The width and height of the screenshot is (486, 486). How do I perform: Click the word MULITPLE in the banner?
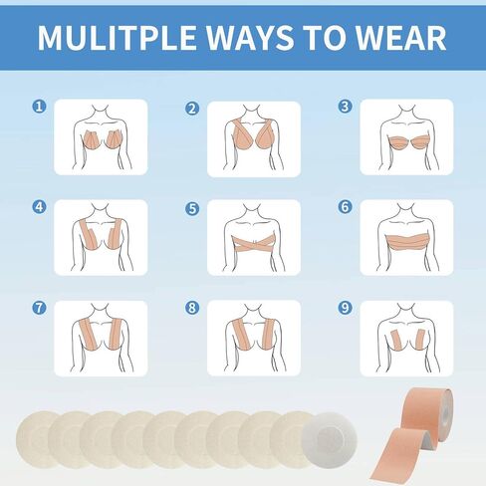pyautogui.click(x=117, y=37)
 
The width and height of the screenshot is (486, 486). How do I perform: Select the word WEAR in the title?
pyautogui.click(x=400, y=37)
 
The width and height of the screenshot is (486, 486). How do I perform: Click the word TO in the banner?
pyautogui.click(x=325, y=37)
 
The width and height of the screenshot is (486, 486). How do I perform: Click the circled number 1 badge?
pyautogui.click(x=39, y=107)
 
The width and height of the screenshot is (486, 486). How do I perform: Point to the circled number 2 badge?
pyautogui.click(x=192, y=109)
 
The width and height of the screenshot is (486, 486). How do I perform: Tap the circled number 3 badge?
pyautogui.click(x=345, y=107)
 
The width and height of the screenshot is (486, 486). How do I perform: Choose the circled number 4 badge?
pyautogui.click(x=39, y=207)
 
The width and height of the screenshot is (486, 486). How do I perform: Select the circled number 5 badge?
pyautogui.click(x=192, y=209)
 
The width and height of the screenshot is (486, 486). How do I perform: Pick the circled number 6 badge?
pyautogui.click(x=345, y=207)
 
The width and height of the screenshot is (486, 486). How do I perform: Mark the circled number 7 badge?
pyautogui.click(x=39, y=308)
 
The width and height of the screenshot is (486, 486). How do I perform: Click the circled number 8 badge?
pyautogui.click(x=192, y=308)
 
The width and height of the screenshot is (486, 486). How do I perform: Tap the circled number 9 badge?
pyautogui.click(x=345, y=308)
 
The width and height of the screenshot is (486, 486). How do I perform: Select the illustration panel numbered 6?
pyautogui.click(x=406, y=237)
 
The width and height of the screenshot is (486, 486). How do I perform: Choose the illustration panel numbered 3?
pyautogui.click(x=406, y=136)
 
